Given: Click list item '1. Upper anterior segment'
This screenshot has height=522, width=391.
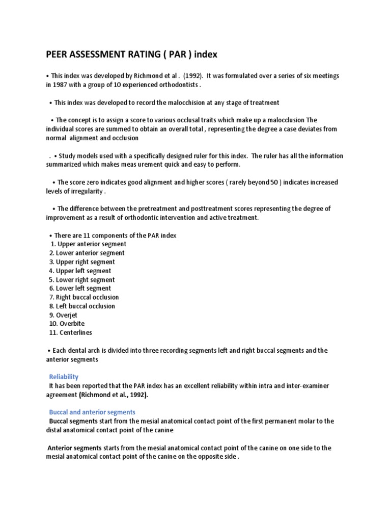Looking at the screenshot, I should [x=89, y=244].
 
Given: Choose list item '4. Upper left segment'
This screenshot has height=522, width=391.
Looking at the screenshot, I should [x=80, y=271].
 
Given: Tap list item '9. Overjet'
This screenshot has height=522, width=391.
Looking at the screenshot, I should [x=64, y=315].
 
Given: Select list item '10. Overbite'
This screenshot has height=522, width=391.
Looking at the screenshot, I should [x=66, y=324].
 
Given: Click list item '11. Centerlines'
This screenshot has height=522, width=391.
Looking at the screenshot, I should [x=71, y=333].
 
